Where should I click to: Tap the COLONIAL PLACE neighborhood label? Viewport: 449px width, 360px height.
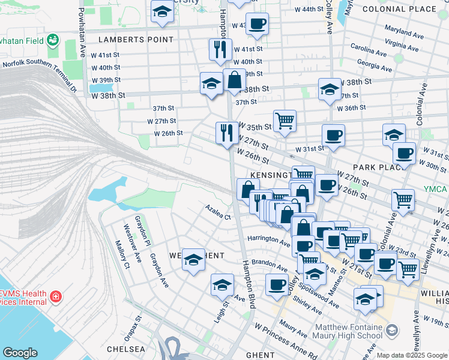click(415, 9)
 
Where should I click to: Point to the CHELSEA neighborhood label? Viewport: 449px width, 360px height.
click(126, 349)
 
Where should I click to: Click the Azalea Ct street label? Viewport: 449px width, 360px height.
click(218, 216)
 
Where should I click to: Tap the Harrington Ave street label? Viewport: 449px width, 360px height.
click(268, 239)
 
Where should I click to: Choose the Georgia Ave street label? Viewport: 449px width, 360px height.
click(374, 62)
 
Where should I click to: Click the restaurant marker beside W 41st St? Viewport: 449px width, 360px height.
click(220, 49)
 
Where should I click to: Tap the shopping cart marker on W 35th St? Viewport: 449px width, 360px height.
click(285, 120)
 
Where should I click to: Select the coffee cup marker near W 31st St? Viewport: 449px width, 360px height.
click(333, 134)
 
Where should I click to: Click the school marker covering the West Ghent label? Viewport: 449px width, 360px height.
click(193, 260)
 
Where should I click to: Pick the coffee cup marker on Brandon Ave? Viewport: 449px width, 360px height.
click(277, 284)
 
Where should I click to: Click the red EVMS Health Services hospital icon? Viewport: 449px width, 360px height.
click(55, 296)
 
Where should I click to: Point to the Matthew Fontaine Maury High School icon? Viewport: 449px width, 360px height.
click(392, 331)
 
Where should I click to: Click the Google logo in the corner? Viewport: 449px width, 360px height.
click(20, 353)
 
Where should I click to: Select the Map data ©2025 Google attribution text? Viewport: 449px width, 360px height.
click(412, 355)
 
